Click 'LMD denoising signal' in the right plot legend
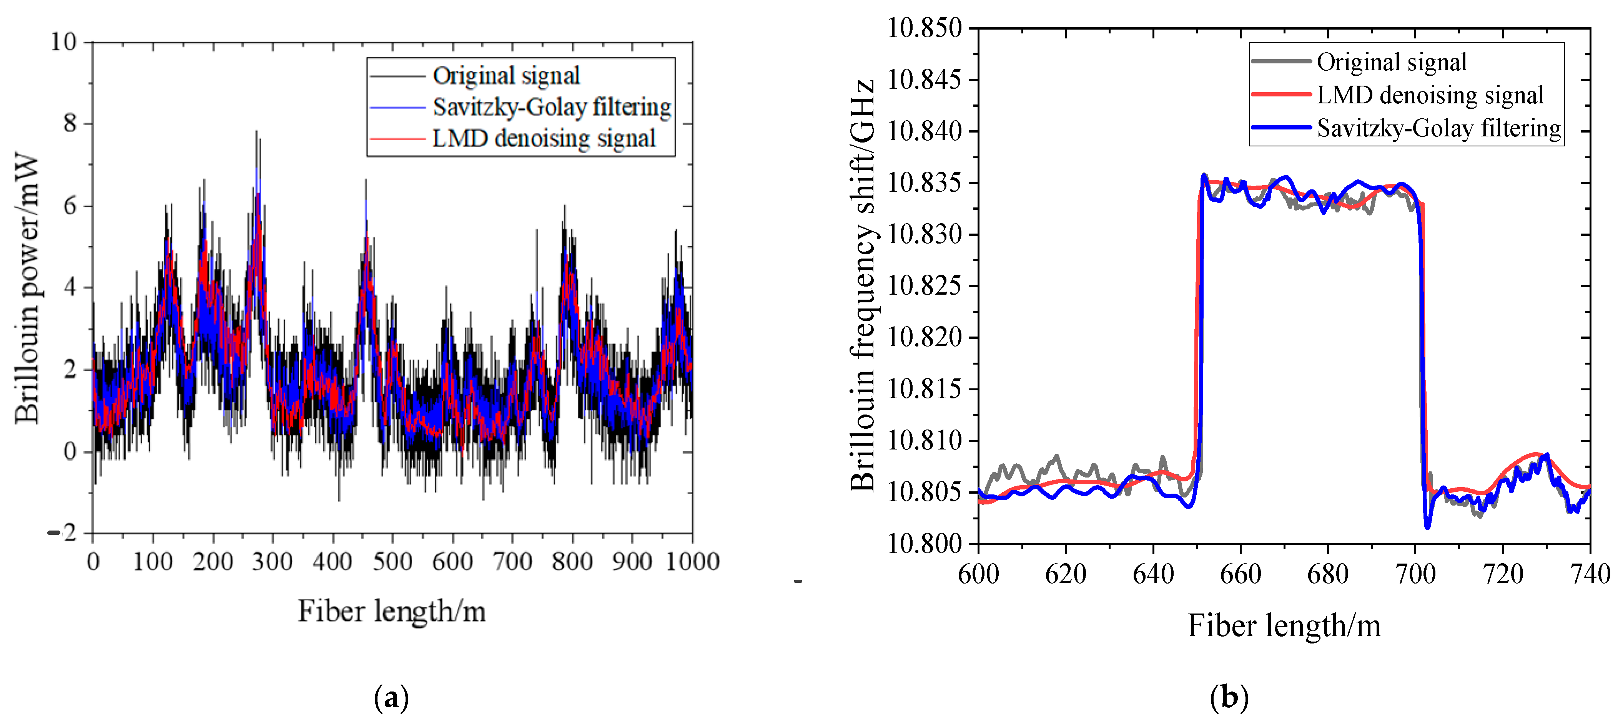(1430, 95)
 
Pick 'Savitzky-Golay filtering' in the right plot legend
(1438, 128)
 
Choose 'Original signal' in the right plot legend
(1391, 62)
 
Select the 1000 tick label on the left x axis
(692, 561)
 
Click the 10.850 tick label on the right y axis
(924, 28)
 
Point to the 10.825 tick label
(924, 286)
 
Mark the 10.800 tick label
(924, 544)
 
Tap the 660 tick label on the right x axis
(1240, 574)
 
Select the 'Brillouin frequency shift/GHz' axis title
(863, 285)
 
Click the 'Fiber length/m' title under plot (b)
(1284, 626)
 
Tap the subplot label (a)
(391, 698)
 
